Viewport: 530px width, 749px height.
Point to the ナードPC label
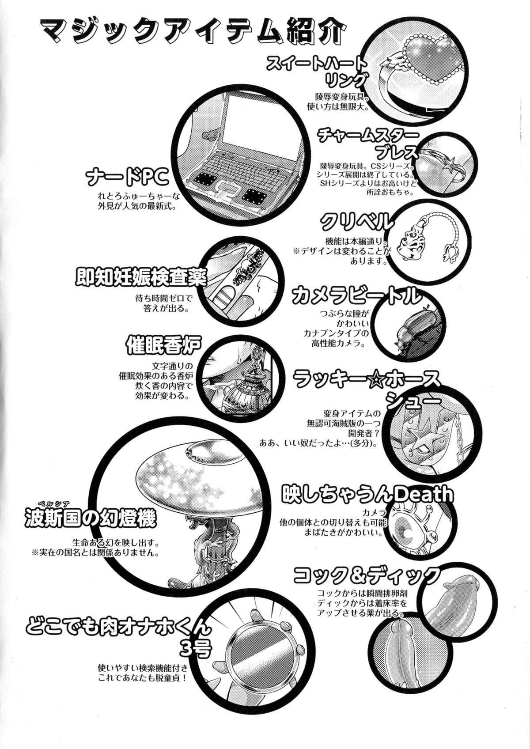126,178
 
